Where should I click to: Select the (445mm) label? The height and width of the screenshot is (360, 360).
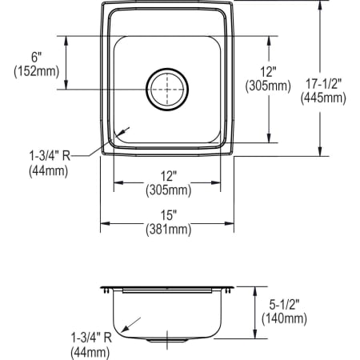pos(323,98)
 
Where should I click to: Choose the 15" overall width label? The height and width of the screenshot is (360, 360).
pos(168,215)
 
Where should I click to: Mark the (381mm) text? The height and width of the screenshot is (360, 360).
pos(168,230)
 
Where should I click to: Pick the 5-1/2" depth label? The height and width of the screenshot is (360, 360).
pos(284,304)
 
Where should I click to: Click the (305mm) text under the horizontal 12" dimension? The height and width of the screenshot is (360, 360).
pos(168,190)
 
